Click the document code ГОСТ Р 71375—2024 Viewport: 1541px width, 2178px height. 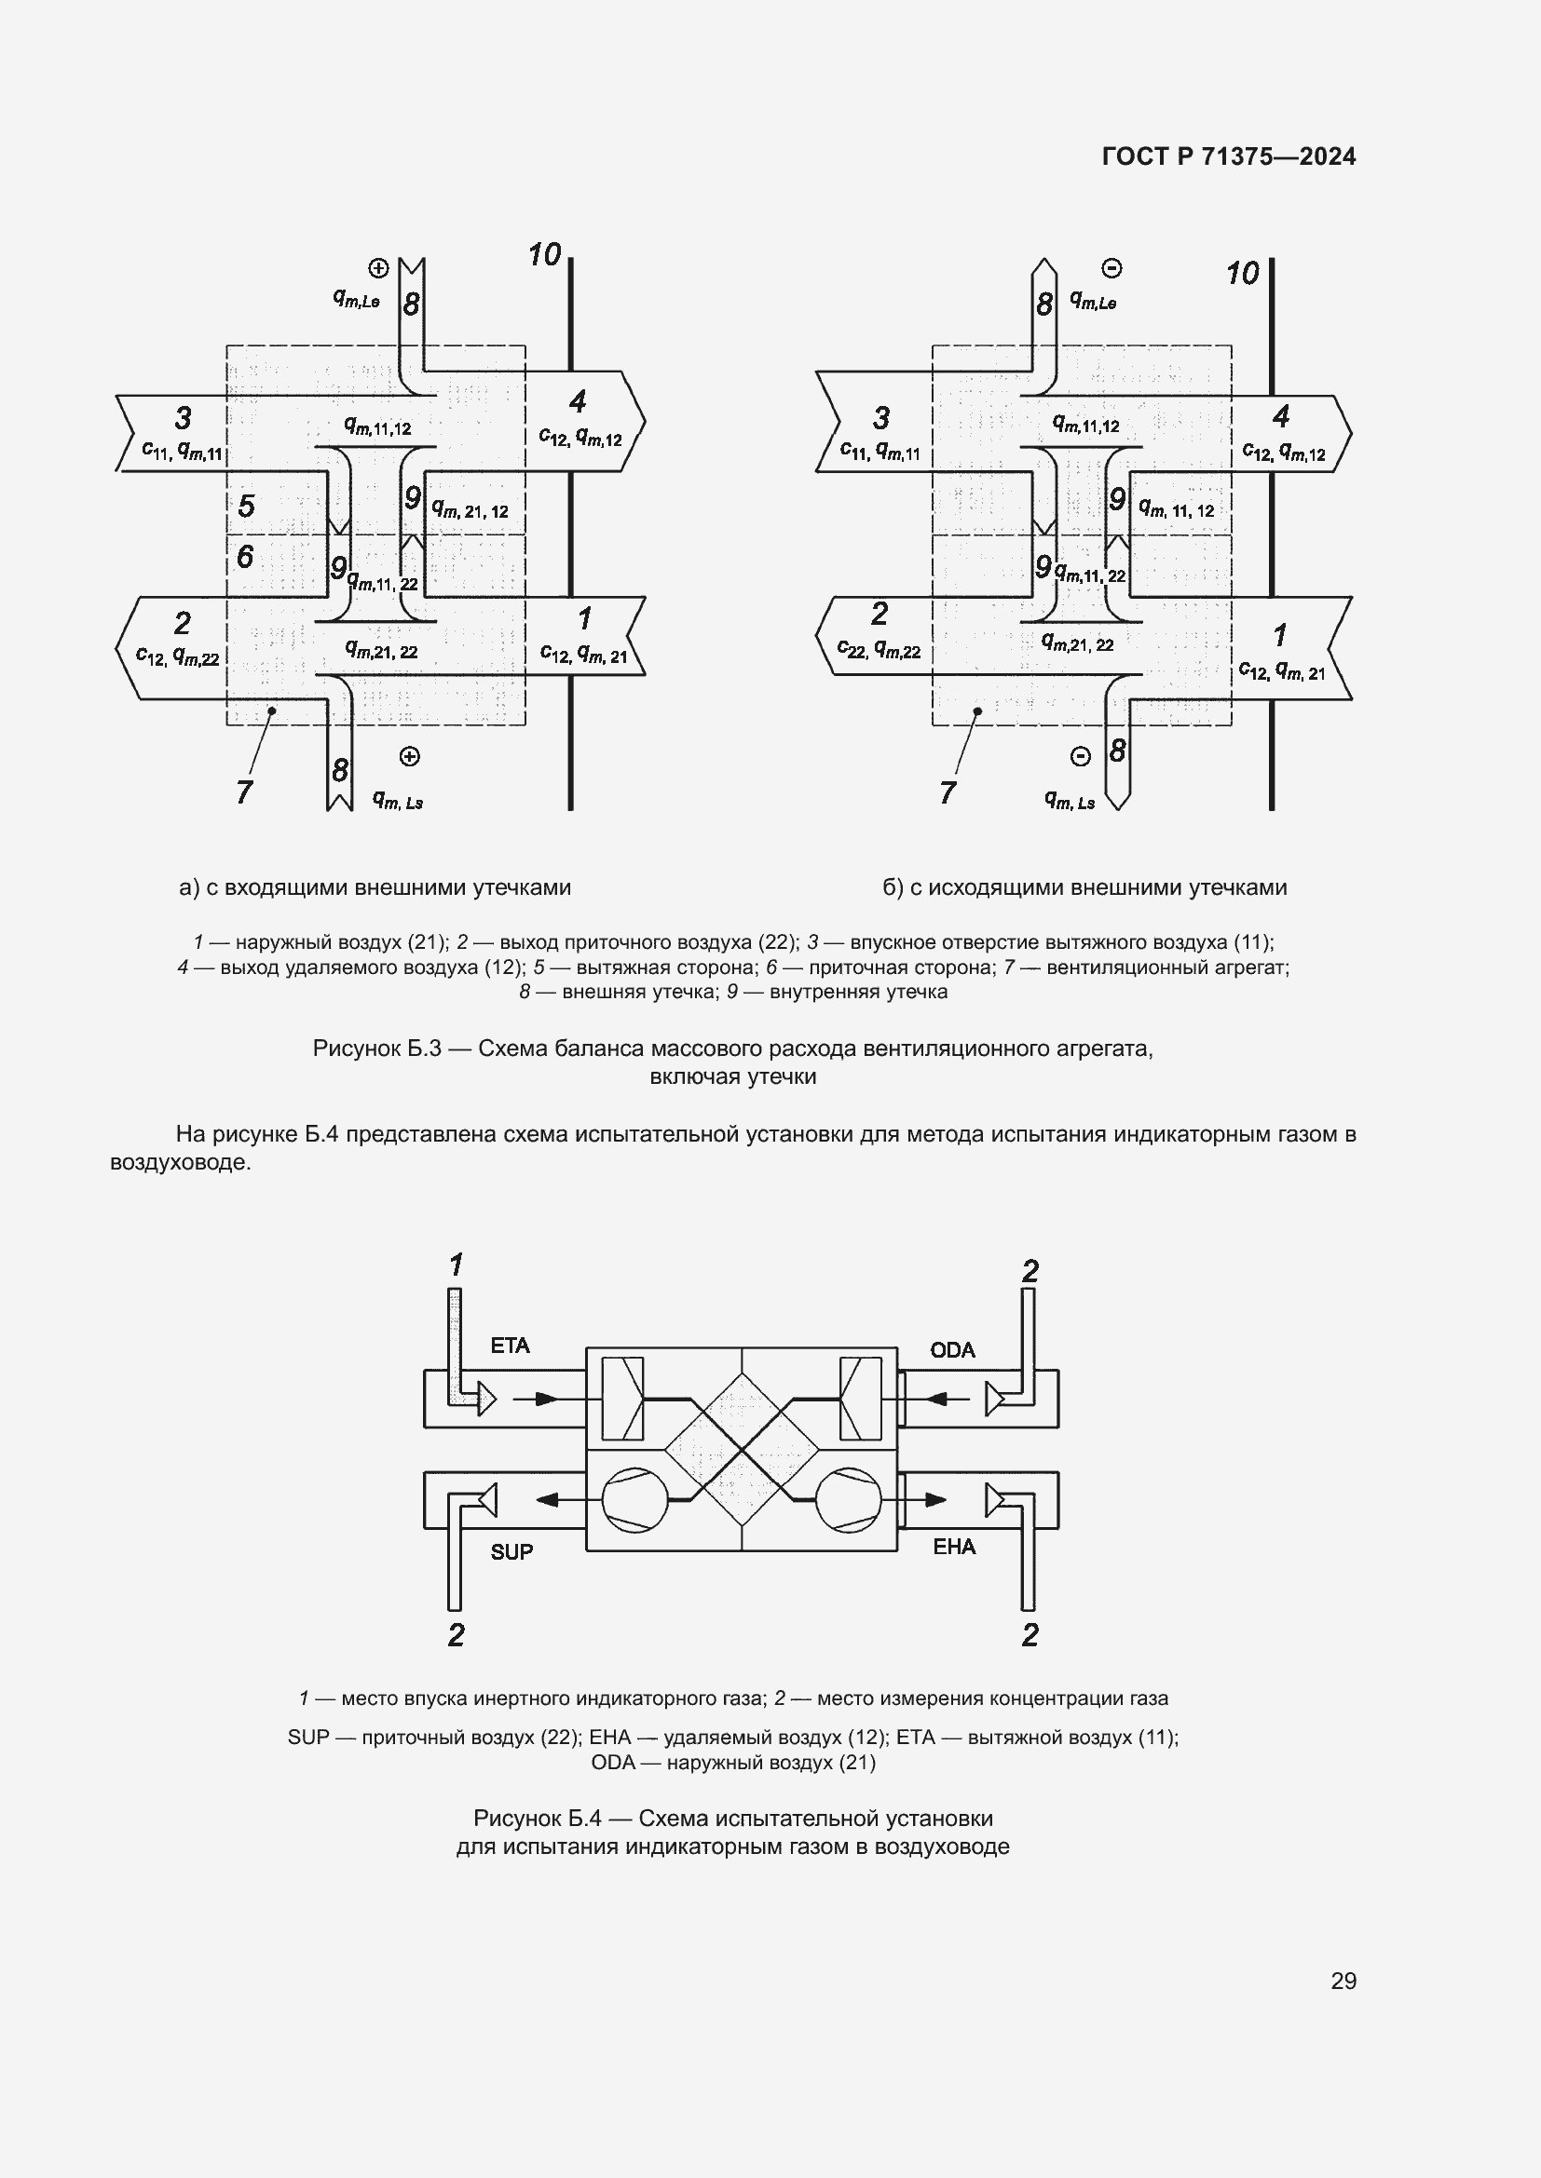1229,156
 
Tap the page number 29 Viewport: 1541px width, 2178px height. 1343,1981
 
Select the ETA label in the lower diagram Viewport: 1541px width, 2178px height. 510,1346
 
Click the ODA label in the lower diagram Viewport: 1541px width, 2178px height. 953,1350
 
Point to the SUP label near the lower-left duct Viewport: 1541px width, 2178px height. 511,1552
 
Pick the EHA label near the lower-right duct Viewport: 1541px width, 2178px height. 954,1548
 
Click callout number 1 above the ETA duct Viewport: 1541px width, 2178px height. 457,1265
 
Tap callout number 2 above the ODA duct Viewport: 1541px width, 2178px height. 1030,1271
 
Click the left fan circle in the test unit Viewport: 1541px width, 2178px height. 634,1500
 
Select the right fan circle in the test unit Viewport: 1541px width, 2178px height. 850,1500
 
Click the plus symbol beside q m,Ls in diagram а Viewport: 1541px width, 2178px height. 409,756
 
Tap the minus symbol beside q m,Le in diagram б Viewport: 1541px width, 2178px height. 1112,268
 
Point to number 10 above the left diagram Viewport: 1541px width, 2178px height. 545,254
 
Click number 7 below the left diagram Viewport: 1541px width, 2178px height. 244,792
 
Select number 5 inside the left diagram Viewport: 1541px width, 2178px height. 247,506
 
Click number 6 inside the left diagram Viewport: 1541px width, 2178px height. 245,557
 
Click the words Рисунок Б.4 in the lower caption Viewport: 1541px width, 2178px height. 537,1819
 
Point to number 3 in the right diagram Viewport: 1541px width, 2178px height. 881,417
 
